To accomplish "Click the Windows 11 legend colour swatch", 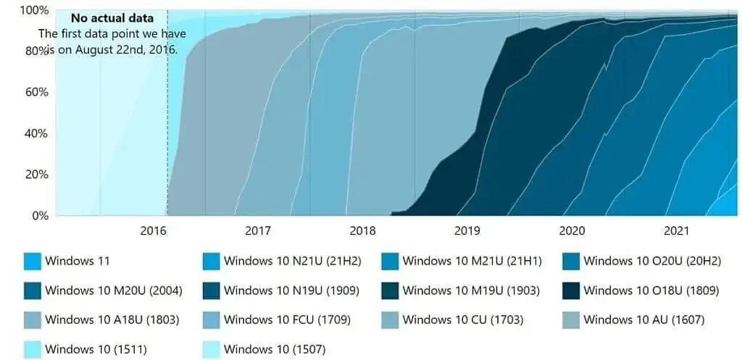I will (32, 261).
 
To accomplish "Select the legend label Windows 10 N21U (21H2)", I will (292, 261).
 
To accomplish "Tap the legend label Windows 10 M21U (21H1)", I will (472, 261).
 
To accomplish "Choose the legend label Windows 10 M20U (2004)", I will (113, 290).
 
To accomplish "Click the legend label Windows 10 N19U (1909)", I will (292, 290).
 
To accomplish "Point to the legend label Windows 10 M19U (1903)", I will (472, 290).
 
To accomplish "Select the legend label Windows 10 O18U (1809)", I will (651, 290).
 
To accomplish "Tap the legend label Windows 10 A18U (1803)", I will (112, 319).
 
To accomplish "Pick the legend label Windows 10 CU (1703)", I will (464, 319).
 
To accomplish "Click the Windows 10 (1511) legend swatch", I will (32, 349).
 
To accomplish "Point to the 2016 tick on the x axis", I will (154, 231).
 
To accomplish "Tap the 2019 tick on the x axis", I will (467, 231).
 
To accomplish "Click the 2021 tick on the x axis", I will (676, 231).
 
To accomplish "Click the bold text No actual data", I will (112, 18).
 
